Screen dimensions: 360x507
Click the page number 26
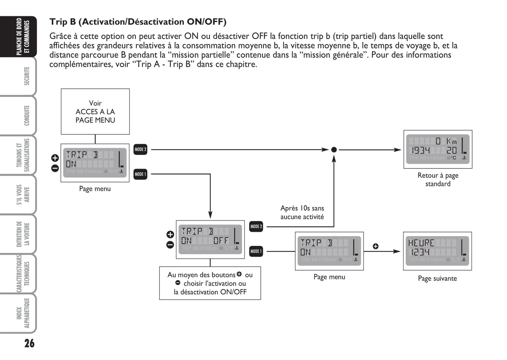[x=29, y=343]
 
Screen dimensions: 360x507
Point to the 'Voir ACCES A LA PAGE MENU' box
[x=95, y=112]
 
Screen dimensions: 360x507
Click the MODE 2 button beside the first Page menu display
[x=140, y=149]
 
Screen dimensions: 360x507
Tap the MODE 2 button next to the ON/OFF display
[x=256, y=227]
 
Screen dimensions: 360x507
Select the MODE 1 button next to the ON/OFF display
[x=256, y=251]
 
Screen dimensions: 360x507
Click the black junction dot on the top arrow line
[x=334, y=150]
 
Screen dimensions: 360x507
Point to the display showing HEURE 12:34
[x=437, y=251]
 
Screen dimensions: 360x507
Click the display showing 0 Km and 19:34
[x=438, y=149]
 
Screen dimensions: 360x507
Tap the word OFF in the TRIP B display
[x=221, y=241]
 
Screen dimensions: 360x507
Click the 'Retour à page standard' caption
[x=438, y=180]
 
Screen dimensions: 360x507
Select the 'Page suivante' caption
[x=437, y=279]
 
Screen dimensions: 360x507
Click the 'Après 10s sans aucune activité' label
[x=302, y=213]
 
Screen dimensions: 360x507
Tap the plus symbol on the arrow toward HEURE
[x=375, y=246]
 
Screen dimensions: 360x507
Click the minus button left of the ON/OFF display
[x=170, y=245]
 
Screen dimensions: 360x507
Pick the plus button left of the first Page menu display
[x=55, y=158]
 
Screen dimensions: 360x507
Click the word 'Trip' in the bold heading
[x=58, y=22]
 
